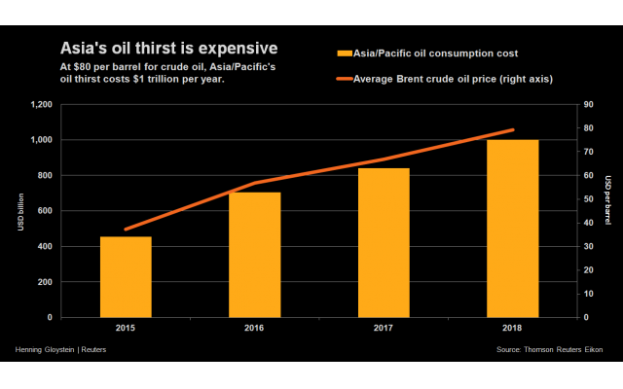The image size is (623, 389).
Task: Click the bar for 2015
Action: tap(126, 277)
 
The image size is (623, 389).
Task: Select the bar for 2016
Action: tap(254, 255)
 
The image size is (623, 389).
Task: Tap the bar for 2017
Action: tap(384, 243)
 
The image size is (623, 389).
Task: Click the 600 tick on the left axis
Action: tap(45, 211)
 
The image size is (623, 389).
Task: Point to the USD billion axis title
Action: tap(20, 212)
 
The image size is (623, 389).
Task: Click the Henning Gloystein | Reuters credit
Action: tap(60, 348)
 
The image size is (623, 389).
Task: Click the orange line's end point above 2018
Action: tap(513, 129)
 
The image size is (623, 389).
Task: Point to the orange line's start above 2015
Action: tap(126, 230)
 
